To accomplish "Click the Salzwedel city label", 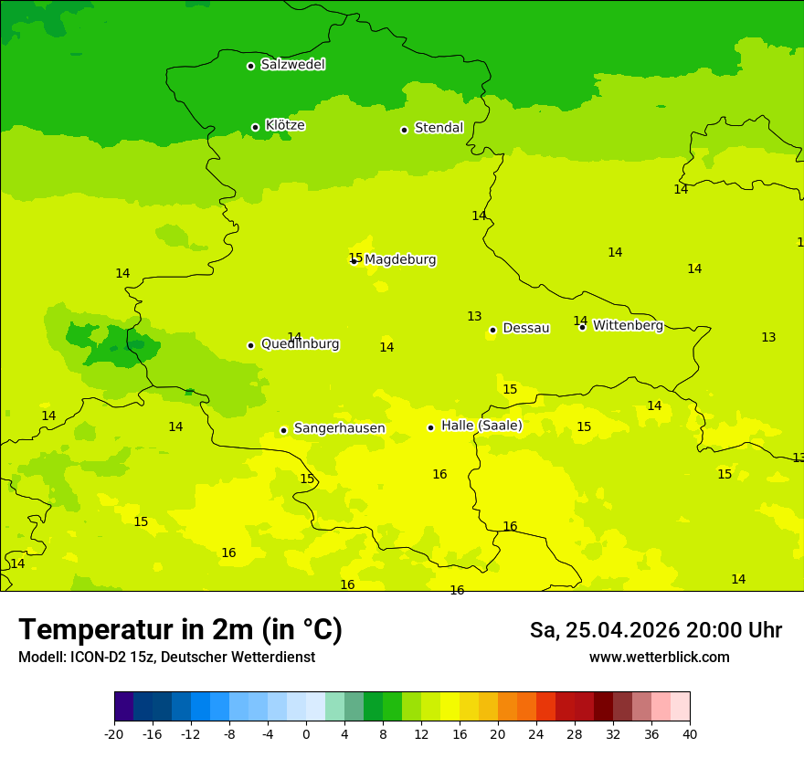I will pos(292,65).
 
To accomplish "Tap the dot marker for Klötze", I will pos(256,127).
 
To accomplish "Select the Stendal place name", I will pos(439,128).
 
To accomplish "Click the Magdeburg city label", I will pos(400,260).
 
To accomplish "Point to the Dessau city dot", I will pos(492,330).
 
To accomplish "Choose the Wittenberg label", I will pos(628,326).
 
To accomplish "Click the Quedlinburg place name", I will pos(300,344).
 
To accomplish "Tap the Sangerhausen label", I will pos(339,428).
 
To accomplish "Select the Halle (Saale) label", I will pos(481,426).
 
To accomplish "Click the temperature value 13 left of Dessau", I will pos(474,317).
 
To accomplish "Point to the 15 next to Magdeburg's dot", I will pos(355,258).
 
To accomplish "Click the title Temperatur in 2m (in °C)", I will pos(180,629).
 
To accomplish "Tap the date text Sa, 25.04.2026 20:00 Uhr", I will pos(655,630).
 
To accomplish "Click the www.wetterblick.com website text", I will pos(659,658).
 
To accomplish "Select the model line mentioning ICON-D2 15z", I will pos(166,658).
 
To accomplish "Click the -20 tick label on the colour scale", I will pos(114,733).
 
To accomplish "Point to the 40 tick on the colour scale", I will pos(689,733).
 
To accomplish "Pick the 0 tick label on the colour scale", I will pos(306,733).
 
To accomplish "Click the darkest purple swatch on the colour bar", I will pos(123,707).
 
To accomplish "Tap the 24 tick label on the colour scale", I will pos(535,733).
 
